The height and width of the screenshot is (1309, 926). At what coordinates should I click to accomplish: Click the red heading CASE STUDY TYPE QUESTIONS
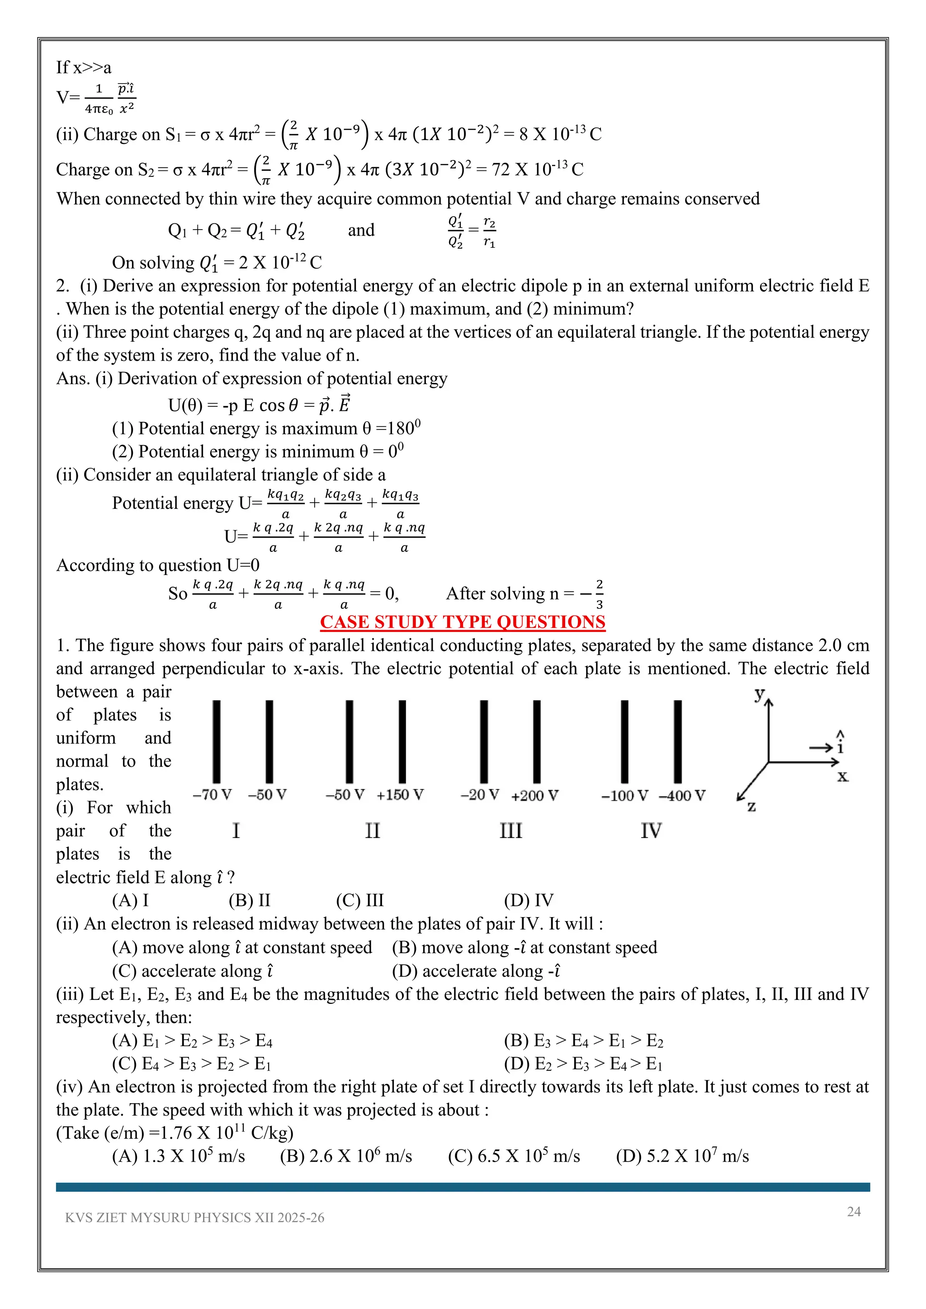pos(463,622)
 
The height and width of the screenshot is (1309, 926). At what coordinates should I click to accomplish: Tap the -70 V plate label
pos(212,794)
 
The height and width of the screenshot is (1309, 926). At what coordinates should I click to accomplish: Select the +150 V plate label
pos(400,795)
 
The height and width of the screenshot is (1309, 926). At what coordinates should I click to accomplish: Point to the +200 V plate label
pos(535,796)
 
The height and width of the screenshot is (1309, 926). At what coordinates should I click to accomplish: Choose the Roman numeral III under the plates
pos(510,831)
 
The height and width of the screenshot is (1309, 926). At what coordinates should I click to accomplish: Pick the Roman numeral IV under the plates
pos(651,831)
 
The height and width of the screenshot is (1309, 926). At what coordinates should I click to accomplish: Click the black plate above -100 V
pos(624,741)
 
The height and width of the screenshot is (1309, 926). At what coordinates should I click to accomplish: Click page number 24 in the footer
pos(854,1211)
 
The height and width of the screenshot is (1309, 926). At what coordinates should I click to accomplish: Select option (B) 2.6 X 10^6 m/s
pos(345,1156)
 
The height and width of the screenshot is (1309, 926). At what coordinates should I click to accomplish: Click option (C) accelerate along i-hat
pos(193,971)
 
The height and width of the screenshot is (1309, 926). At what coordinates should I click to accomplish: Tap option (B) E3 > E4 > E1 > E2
pos(583,1041)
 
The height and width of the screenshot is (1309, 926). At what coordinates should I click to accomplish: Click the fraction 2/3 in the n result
pos(599,593)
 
